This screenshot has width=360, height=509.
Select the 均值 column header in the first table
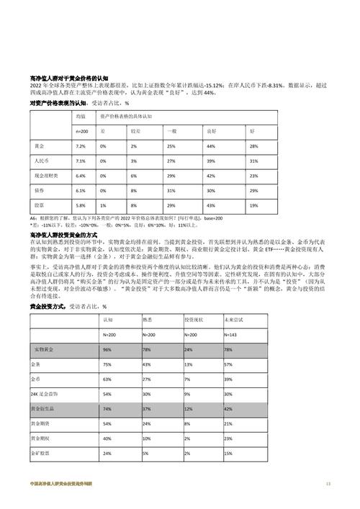pyautogui.click(x=81, y=116)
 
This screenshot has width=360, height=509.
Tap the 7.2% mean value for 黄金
pyautogui.click(x=81, y=147)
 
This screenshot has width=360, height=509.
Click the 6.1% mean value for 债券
pyautogui.click(x=81, y=190)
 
